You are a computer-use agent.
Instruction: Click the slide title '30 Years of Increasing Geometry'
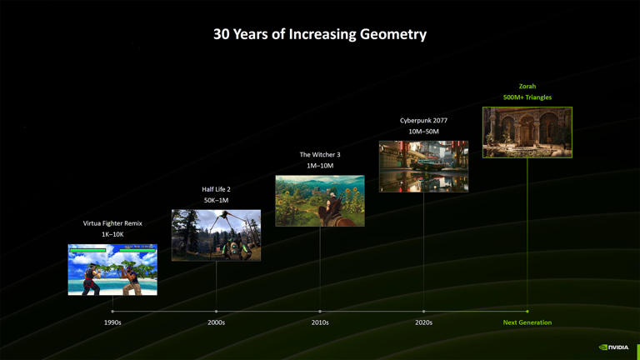coord(320,34)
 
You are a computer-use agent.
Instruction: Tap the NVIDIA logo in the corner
coord(615,347)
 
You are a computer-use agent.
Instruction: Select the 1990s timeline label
coord(112,322)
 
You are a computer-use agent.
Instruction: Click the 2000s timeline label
coord(216,322)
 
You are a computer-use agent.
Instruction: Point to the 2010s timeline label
coord(320,322)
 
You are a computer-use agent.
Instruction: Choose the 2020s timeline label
coord(423,322)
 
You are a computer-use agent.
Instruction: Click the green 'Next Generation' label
coord(527,322)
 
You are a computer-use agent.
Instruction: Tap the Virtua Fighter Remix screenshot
coord(112,269)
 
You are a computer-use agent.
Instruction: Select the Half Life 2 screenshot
coord(216,235)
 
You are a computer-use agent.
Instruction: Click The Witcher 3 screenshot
coord(320,201)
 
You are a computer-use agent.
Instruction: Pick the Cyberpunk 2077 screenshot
coord(423,167)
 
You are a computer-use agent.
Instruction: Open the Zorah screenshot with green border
coord(527,132)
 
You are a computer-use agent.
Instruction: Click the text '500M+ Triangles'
coord(527,97)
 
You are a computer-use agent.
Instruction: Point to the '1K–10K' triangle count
coord(112,234)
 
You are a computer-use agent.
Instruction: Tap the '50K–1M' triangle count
coord(216,200)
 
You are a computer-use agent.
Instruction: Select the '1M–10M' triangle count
coord(320,166)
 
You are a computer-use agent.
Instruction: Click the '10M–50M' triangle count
coord(423,132)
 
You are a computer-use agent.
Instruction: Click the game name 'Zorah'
coord(527,86)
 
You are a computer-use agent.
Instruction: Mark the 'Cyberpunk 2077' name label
coord(423,120)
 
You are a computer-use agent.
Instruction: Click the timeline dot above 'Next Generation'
coord(527,312)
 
